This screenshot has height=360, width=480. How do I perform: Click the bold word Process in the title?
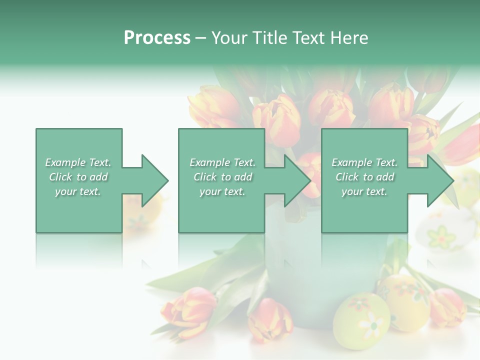pyautogui.click(x=157, y=38)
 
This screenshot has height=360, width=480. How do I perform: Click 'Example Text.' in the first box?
pyautogui.click(x=78, y=162)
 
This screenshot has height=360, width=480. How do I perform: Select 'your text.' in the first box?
pyautogui.click(x=78, y=191)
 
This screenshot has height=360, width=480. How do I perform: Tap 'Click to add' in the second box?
pyautogui.click(x=222, y=177)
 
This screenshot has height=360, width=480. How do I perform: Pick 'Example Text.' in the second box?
pyautogui.click(x=222, y=162)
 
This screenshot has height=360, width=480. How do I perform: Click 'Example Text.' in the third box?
pyautogui.click(x=364, y=162)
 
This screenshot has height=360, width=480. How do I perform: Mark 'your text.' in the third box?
pyautogui.click(x=364, y=191)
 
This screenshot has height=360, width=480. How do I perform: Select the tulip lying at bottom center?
pyautogui.click(x=270, y=320)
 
